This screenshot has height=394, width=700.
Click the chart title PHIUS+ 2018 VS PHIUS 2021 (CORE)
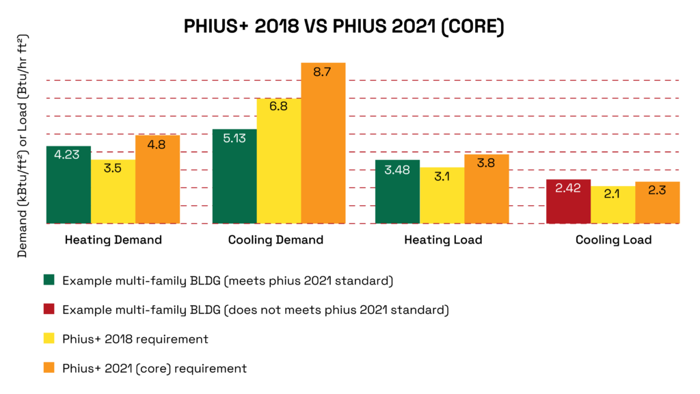coord(344,28)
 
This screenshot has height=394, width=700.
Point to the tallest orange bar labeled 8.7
coord(323,143)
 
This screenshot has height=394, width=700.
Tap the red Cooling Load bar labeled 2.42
coord(568,201)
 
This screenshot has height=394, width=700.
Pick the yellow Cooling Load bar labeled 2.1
coord(612,205)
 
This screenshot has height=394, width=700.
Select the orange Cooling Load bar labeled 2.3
coord(657,202)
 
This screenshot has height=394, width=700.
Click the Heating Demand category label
coord(113,240)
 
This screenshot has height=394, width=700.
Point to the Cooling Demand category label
coord(275,240)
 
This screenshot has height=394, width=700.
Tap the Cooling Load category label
coord(613,240)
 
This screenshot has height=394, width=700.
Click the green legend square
coord(49,280)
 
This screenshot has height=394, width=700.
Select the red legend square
coord(49,310)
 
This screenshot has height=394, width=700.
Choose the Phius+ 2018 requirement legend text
coord(135,339)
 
